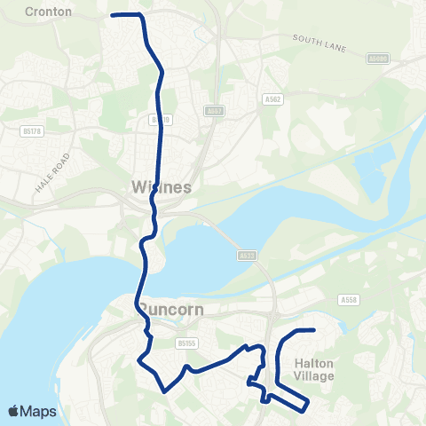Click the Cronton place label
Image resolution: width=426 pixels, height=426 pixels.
(x=48, y=12)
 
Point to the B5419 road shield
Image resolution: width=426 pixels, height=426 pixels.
(x=160, y=119)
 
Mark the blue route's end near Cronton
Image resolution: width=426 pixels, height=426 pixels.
(x=111, y=15)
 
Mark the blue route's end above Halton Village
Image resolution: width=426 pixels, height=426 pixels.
(x=314, y=330)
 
